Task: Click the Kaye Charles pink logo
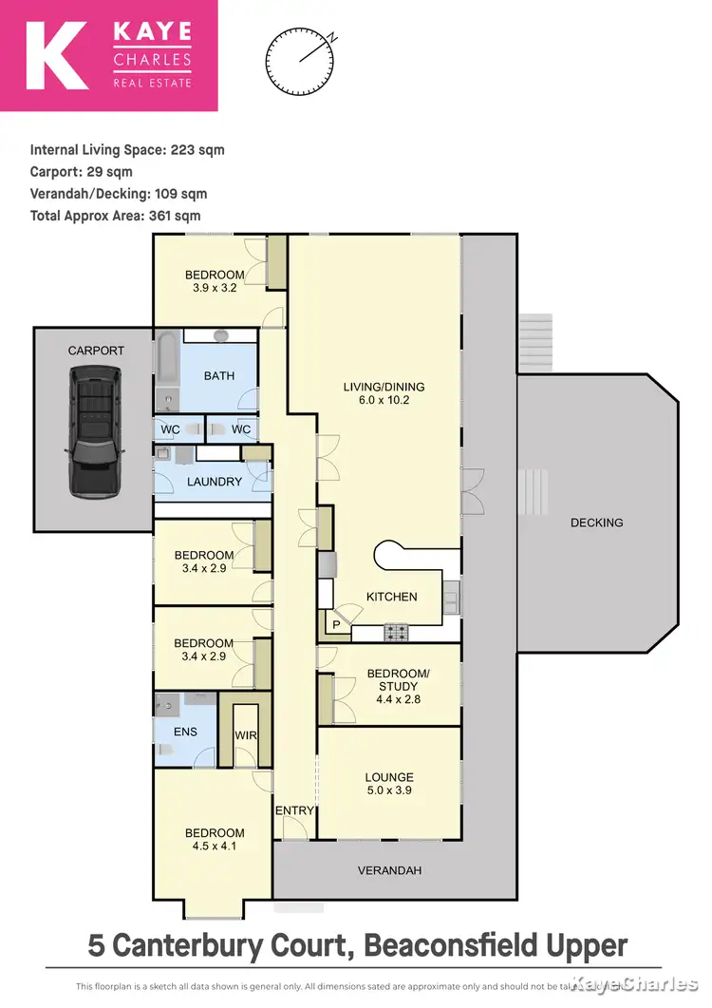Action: tap(109, 55)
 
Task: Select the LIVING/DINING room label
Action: tap(384, 387)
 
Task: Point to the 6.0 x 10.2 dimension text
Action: tap(384, 402)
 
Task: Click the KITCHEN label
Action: tap(392, 597)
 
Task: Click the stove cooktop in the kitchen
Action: tap(396, 631)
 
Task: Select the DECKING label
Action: tap(597, 523)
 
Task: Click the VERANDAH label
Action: tap(389, 870)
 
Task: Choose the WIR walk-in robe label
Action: tap(246, 735)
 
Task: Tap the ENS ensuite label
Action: tap(174, 733)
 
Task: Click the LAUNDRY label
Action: tap(215, 482)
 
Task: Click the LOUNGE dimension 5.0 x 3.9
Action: tap(389, 790)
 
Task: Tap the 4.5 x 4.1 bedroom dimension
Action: tap(215, 847)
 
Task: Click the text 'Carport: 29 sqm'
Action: tap(82, 172)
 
